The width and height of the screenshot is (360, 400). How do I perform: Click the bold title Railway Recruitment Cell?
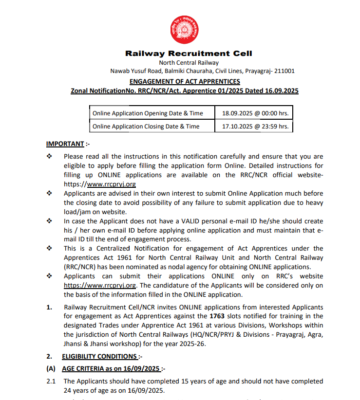tap(189, 54)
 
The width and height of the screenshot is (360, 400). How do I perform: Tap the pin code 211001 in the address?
tap(284, 71)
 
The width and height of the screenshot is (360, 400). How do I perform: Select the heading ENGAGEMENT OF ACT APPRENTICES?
tap(185, 81)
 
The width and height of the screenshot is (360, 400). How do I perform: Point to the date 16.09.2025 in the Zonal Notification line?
tap(281, 91)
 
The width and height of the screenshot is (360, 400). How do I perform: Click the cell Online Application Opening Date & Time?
tap(148, 113)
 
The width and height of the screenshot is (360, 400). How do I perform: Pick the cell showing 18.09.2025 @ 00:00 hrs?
tap(255, 113)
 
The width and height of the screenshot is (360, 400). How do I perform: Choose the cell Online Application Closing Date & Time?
tap(146, 126)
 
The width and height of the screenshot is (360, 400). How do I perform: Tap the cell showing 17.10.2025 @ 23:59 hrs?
tap(255, 126)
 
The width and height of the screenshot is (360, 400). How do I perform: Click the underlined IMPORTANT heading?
tap(65, 144)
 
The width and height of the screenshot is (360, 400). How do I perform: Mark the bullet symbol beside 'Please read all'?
tap(49, 157)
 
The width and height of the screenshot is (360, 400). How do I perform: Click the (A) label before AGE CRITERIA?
tap(51, 368)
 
